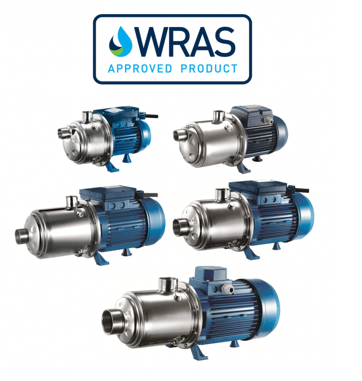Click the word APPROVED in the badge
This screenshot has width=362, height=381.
[x=140, y=69]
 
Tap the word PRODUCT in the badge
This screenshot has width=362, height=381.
[x=209, y=69]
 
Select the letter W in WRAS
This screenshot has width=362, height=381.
[x=154, y=42]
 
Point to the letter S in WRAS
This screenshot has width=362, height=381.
[x=224, y=42]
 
